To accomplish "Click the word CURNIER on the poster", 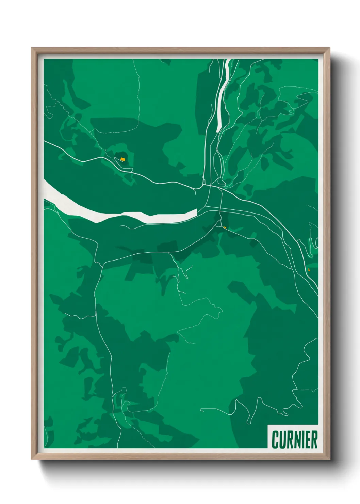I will [295, 440].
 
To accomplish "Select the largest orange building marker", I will [122, 159].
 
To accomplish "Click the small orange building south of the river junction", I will [225, 227].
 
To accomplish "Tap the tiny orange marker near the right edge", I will [309, 270].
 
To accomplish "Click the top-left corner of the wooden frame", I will [32, 48].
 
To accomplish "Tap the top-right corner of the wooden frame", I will [329, 48].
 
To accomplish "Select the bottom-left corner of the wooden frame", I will [32, 459].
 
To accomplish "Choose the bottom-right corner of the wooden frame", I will [329, 459].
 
